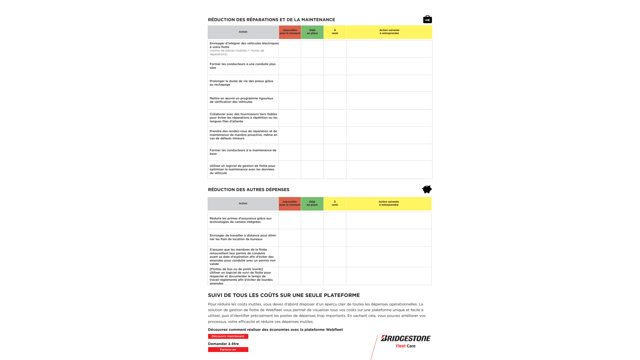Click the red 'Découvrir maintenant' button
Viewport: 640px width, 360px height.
coord(228,336)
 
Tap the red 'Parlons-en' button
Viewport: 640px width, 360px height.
coord(228,350)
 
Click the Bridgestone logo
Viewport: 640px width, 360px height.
coord(406,338)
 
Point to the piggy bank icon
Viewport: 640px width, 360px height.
coord(427,189)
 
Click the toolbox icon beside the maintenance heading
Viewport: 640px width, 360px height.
coord(427,20)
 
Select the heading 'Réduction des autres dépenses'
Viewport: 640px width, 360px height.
coord(248,190)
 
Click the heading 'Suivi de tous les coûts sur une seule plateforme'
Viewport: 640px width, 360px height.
coord(284,295)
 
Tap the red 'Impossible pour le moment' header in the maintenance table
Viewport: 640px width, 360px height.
coord(290,32)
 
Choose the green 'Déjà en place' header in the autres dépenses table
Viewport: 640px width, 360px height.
coord(312,203)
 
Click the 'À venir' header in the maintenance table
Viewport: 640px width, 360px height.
coord(335,32)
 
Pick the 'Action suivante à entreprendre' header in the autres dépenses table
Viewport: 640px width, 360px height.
coord(389,203)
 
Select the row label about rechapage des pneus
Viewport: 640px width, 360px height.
coord(242,83)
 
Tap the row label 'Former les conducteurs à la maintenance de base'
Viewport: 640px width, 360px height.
coord(243,152)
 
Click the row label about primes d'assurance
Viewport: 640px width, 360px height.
coord(241,220)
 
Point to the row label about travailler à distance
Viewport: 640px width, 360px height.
coord(243,237)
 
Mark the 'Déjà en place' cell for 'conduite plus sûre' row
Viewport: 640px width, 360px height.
coord(312,66)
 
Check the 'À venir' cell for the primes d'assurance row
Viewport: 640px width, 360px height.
coord(335,220)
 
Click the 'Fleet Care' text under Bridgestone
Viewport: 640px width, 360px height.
coord(405,346)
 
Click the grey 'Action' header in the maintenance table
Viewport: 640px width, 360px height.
coord(243,32)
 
